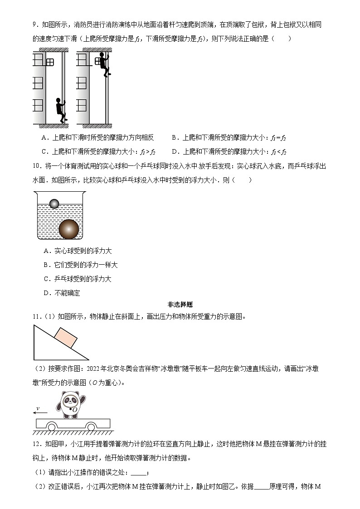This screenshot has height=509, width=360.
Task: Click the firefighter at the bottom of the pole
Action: [x=60, y=110]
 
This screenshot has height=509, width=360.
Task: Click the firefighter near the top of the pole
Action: [x=104, y=64]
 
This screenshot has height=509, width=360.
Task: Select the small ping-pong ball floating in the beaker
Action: [x=55, y=204]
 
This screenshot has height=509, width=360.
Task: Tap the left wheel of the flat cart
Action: [x=52, y=427]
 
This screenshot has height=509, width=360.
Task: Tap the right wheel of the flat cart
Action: [x=92, y=427]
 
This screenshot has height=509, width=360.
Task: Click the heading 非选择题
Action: [x=180, y=305]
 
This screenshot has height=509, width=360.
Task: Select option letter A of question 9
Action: [x=44, y=138]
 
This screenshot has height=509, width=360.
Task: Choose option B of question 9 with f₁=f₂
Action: [x=231, y=138]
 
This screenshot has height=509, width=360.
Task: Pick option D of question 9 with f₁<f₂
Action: [x=231, y=151]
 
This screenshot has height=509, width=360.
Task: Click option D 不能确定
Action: [x=62, y=293]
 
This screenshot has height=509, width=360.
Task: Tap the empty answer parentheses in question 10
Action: [x=241, y=180]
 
